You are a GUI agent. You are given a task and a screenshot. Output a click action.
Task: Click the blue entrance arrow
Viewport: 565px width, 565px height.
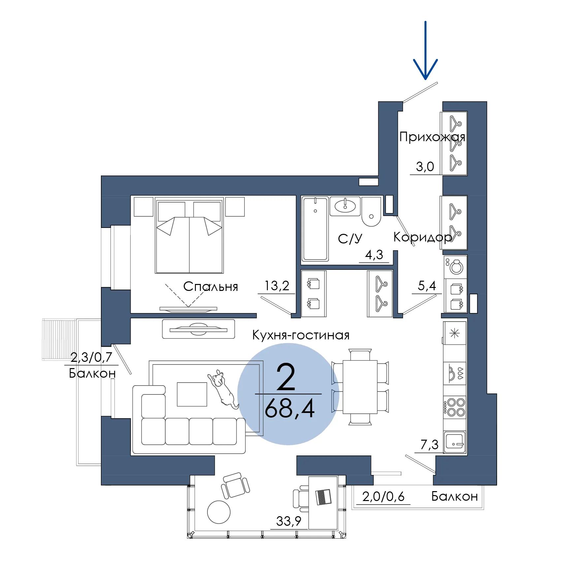(425, 50)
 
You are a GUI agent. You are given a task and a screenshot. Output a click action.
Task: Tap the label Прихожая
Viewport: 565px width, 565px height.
(432, 137)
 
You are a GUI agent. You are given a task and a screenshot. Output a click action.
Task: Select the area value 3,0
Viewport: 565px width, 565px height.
(425, 167)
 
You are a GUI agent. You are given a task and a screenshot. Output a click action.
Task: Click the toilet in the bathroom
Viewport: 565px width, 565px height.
(371, 211)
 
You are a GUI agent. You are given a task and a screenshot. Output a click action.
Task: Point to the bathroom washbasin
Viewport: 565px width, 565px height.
(345, 206)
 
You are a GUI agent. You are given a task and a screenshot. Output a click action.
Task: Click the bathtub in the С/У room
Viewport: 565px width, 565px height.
(315, 229)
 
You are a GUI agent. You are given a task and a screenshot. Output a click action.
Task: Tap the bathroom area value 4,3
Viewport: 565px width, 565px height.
(374, 255)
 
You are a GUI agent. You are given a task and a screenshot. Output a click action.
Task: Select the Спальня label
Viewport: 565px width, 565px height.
(210, 287)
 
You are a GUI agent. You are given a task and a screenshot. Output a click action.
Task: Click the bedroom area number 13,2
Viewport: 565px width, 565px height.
(277, 286)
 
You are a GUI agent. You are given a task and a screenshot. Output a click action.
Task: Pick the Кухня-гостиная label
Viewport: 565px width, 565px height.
(301, 335)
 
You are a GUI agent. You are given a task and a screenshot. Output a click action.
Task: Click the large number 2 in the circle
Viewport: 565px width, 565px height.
(286, 377)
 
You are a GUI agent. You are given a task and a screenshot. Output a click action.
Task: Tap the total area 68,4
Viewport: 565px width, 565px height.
(290, 409)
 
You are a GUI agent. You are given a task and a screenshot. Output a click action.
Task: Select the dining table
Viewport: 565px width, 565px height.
(360, 387)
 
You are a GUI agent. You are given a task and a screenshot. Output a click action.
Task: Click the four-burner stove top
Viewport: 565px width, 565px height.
(455, 407)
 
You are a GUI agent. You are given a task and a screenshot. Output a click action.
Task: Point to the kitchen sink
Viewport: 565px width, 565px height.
(455, 442)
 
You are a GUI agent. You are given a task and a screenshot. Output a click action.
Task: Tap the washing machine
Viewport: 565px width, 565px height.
(455, 267)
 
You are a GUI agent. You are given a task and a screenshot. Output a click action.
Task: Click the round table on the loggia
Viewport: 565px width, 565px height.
(219, 512)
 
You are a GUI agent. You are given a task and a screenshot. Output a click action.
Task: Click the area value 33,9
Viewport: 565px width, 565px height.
(289, 521)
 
